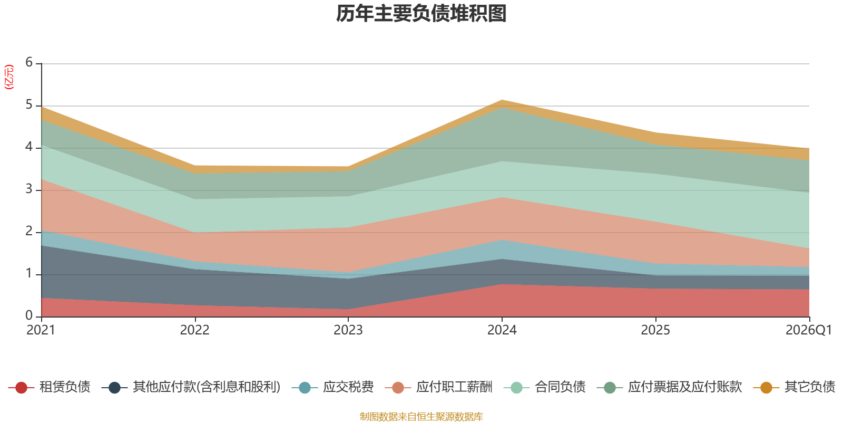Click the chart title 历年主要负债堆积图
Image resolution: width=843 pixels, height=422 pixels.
point(421,14)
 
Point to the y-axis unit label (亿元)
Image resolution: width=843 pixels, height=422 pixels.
point(8,77)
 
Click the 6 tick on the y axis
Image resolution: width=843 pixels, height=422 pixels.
point(29,62)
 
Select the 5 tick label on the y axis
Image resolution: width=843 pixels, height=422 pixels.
point(29,104)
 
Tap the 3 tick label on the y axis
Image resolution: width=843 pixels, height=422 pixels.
point(29,189)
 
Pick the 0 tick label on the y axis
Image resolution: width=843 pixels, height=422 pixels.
point(29,315)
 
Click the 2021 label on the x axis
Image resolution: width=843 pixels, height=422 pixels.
point(41,330)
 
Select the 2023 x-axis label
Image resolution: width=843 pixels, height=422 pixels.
point(348,330)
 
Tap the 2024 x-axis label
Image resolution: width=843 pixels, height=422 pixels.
point(502,330)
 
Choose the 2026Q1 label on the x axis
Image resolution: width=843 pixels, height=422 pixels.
point(809,330)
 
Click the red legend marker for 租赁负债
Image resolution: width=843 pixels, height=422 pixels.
point(22,387)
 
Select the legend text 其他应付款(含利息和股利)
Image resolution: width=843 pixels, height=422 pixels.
point(207,387)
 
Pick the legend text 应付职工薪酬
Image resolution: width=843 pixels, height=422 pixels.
point(454,387)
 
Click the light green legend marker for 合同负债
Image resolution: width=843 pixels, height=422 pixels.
point(517,387)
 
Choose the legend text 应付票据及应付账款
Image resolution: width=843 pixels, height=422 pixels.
point(685,387)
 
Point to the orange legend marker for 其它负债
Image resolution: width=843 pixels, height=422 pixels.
point(766,387)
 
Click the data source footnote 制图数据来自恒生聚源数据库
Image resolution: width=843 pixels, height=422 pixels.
point(421,416)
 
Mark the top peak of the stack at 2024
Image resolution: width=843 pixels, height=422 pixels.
point(502,100)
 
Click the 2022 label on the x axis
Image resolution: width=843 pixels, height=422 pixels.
point(194,330)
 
